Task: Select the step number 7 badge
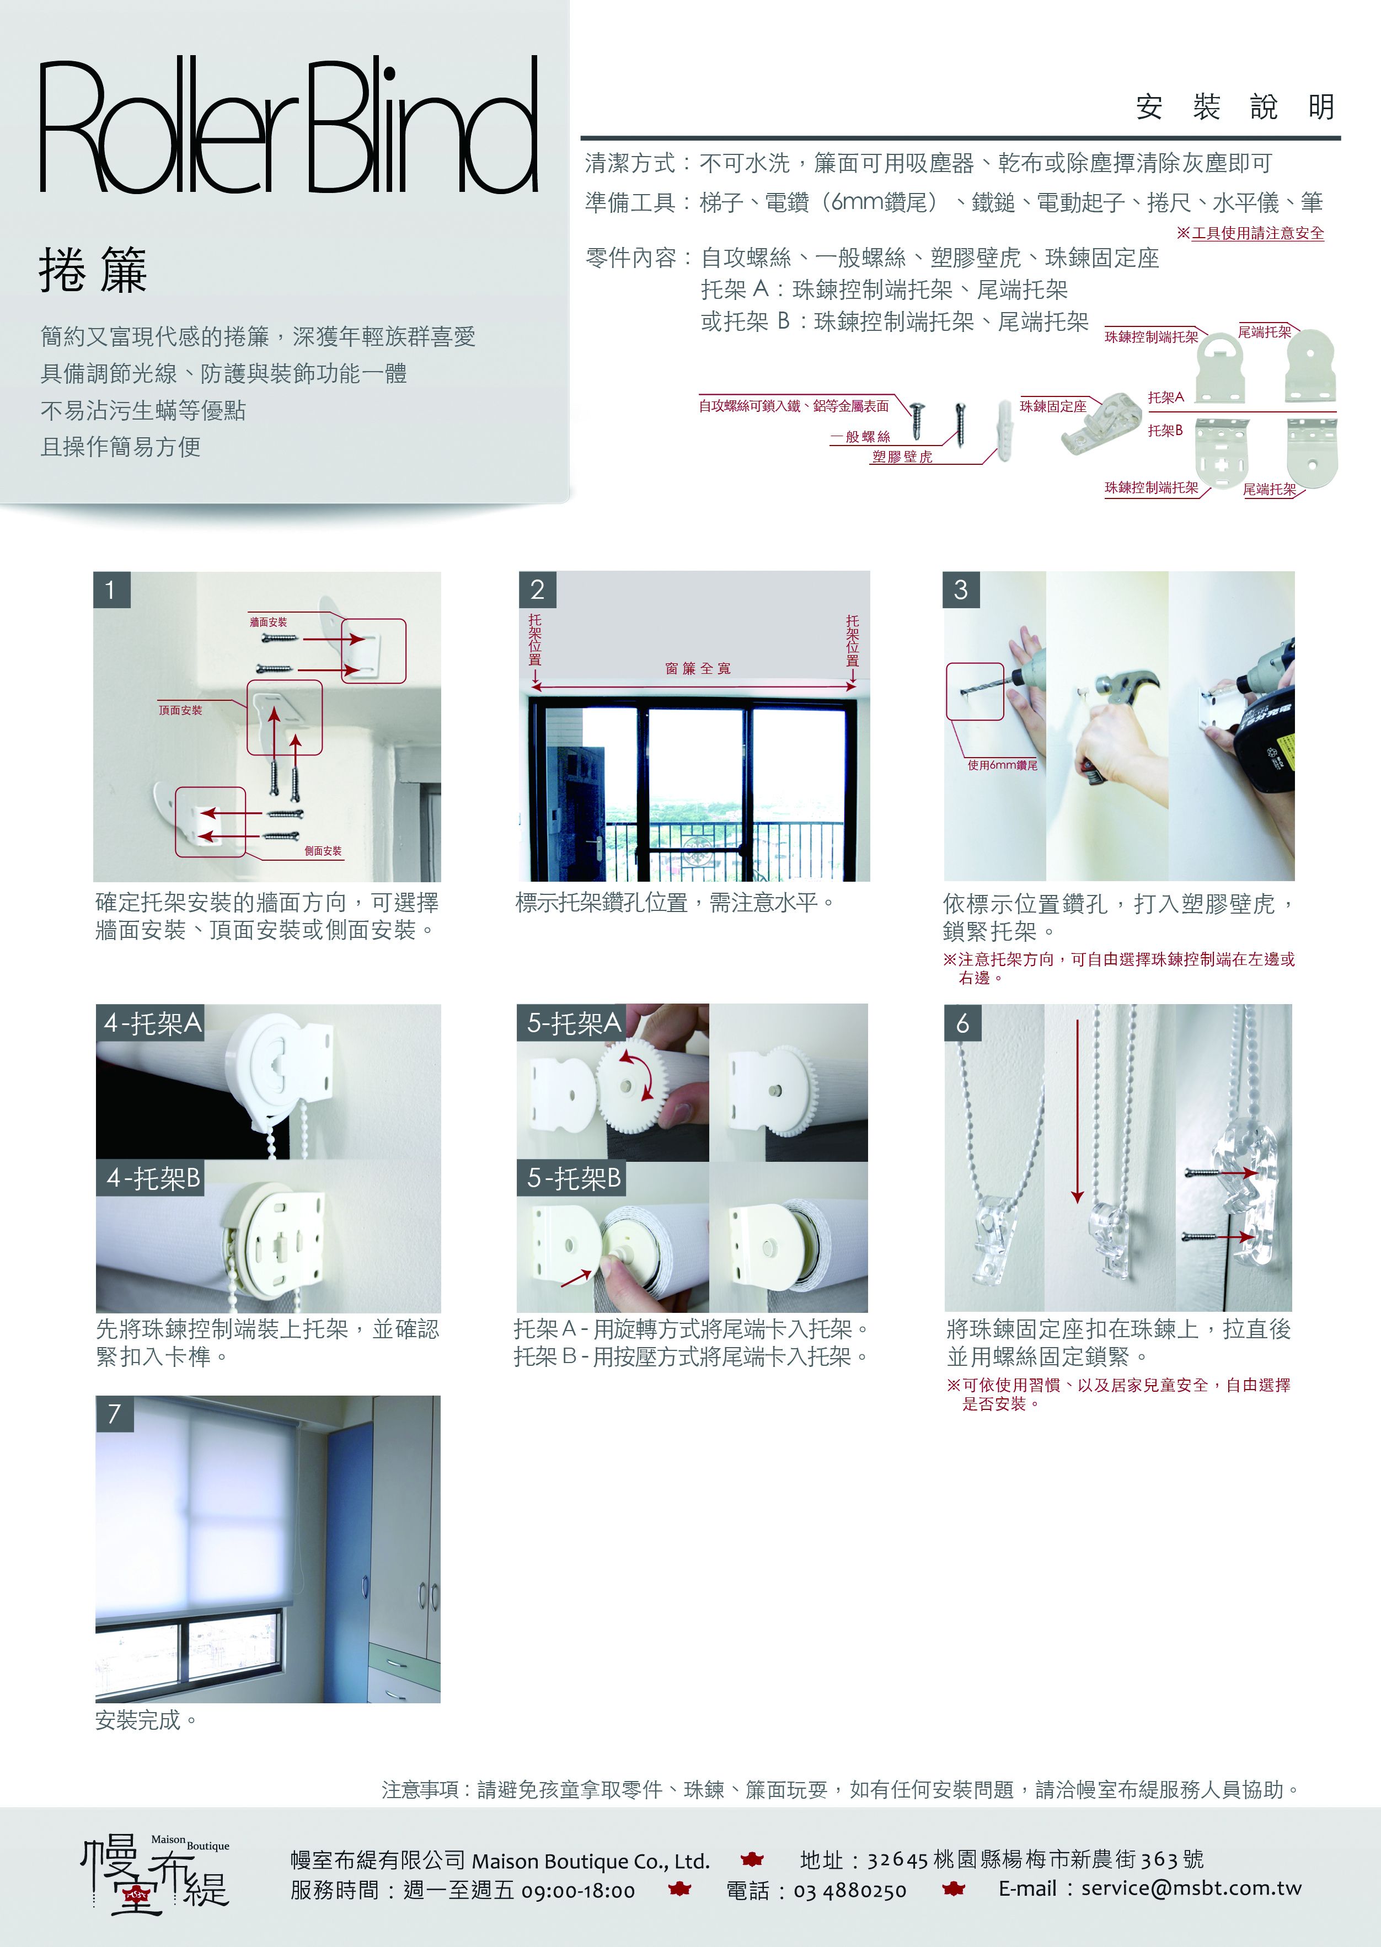click(114, 1414)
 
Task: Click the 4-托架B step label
click(151, 1178)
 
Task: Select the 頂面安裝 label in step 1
click(180, 710)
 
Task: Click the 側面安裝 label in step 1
click(323, 851)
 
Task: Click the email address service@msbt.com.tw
click(1191, 1889)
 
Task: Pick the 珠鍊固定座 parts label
click(1053, 406)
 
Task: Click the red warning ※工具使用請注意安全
click(1250, 233)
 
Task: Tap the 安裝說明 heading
click(1235, 107)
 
